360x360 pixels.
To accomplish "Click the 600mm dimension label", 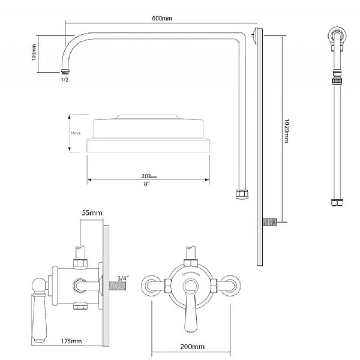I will pyautogui.click(x=163, y=19).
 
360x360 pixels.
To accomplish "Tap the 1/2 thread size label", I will pyautogui.click(x=65, y=79).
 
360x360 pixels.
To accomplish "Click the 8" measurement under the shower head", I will pyautogui.click(x=147, y=184).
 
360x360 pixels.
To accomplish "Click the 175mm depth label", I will pyautogui.click(x=71, y=341).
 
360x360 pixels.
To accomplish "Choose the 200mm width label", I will pyautogui.click(x=191, y=347).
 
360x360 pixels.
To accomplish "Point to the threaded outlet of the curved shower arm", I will pyautogui.click(x=64, y=70).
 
